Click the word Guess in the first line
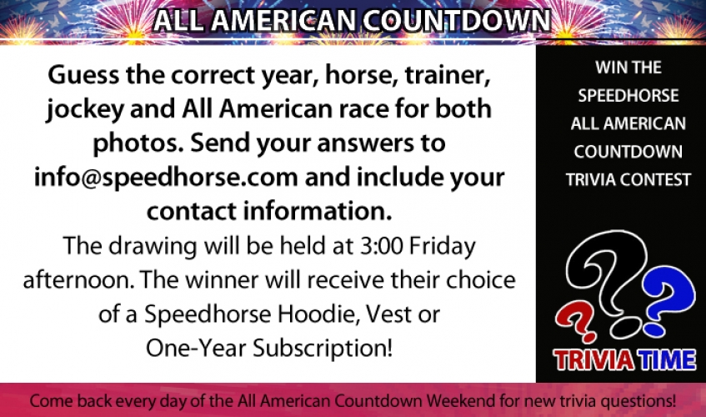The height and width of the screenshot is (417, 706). coord(84,75)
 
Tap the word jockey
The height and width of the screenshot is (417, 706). coord(85,110)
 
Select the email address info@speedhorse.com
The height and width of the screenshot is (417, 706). coord(166,178)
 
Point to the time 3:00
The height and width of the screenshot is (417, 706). coord(380,246)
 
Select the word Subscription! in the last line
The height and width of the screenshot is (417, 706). coord(323,349)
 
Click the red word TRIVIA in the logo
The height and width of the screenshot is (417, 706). coord(593,360)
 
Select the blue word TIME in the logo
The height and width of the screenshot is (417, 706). coord(665,360)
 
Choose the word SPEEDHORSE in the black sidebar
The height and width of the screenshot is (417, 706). coord(628,95)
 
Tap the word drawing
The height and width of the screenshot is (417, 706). coord(153,247)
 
